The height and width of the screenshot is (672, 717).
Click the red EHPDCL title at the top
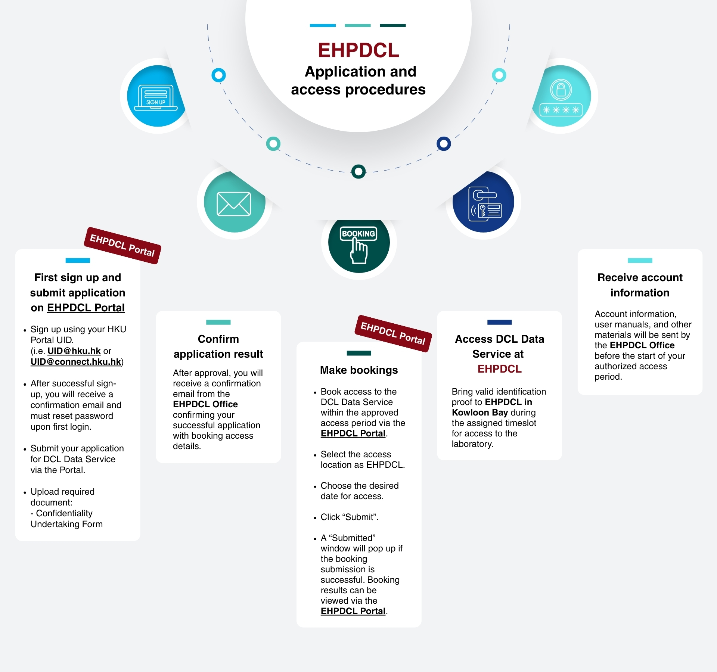click(x=358, y=50)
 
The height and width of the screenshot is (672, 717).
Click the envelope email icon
click(x=234, y=204)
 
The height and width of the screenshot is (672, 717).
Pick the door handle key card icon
click(x=485, y=204)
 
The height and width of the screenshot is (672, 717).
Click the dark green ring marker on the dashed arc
click(x=358, y=171)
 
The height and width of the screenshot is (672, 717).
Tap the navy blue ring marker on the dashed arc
click(x=444, y=143)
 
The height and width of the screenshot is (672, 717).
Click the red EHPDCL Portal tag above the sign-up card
click(x=122, y=245)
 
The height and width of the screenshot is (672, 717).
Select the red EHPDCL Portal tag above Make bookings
click(x=393, y=333)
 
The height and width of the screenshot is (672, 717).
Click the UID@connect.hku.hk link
click(x=76, y=362)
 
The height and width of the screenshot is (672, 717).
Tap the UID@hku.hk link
click(x=74, y=351)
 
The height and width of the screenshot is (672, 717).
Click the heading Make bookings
click(x=359, y=370)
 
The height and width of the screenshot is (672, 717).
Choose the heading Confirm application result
click(x=218, y=346)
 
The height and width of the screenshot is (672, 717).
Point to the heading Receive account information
click(x=640, y=285)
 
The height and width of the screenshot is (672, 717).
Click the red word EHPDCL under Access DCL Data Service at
click(x=499, y=369)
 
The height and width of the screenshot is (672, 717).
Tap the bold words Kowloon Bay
click(x=479, y=413)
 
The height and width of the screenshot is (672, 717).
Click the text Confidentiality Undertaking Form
click(x=66, y=519)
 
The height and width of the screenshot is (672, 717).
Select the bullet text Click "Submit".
click(x=349, y=517)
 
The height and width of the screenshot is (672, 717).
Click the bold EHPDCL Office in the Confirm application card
click(x=205, y=404)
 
